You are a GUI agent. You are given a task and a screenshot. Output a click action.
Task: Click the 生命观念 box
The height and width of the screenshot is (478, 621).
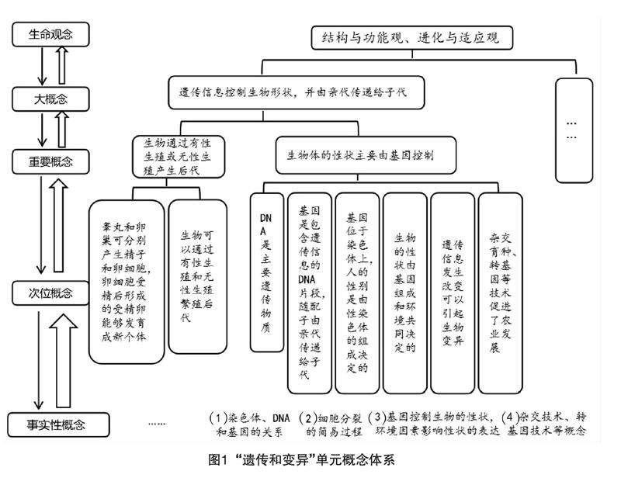(50, 35)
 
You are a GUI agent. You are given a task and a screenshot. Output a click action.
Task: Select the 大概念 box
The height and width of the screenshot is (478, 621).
(50, 99)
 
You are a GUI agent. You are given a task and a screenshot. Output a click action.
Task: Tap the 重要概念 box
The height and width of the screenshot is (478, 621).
(50, 162)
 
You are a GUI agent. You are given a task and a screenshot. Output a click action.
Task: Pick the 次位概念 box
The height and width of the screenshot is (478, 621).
(50, 293)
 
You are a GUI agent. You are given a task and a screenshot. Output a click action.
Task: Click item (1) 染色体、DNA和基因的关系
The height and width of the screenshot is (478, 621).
(252, 424)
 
